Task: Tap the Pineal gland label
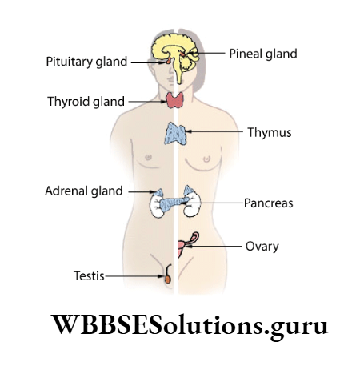pyautogui.click(x=262, y=54)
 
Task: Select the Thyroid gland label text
pyautogui.click(x=86, y=102)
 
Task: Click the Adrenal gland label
pyautogui.click(x=84, y=191)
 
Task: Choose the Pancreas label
pyautogui.click(x=268, y=203)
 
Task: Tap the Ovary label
pyautogui.click(x=261, y=247)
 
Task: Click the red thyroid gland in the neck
pyautogui.click(x=174, y=101)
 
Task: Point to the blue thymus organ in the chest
pyautogui.click(x=175, y=133)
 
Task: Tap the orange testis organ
pyautogui.click(x=168, y=280)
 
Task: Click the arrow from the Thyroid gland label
pyautogui.click(x=147, y=102)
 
